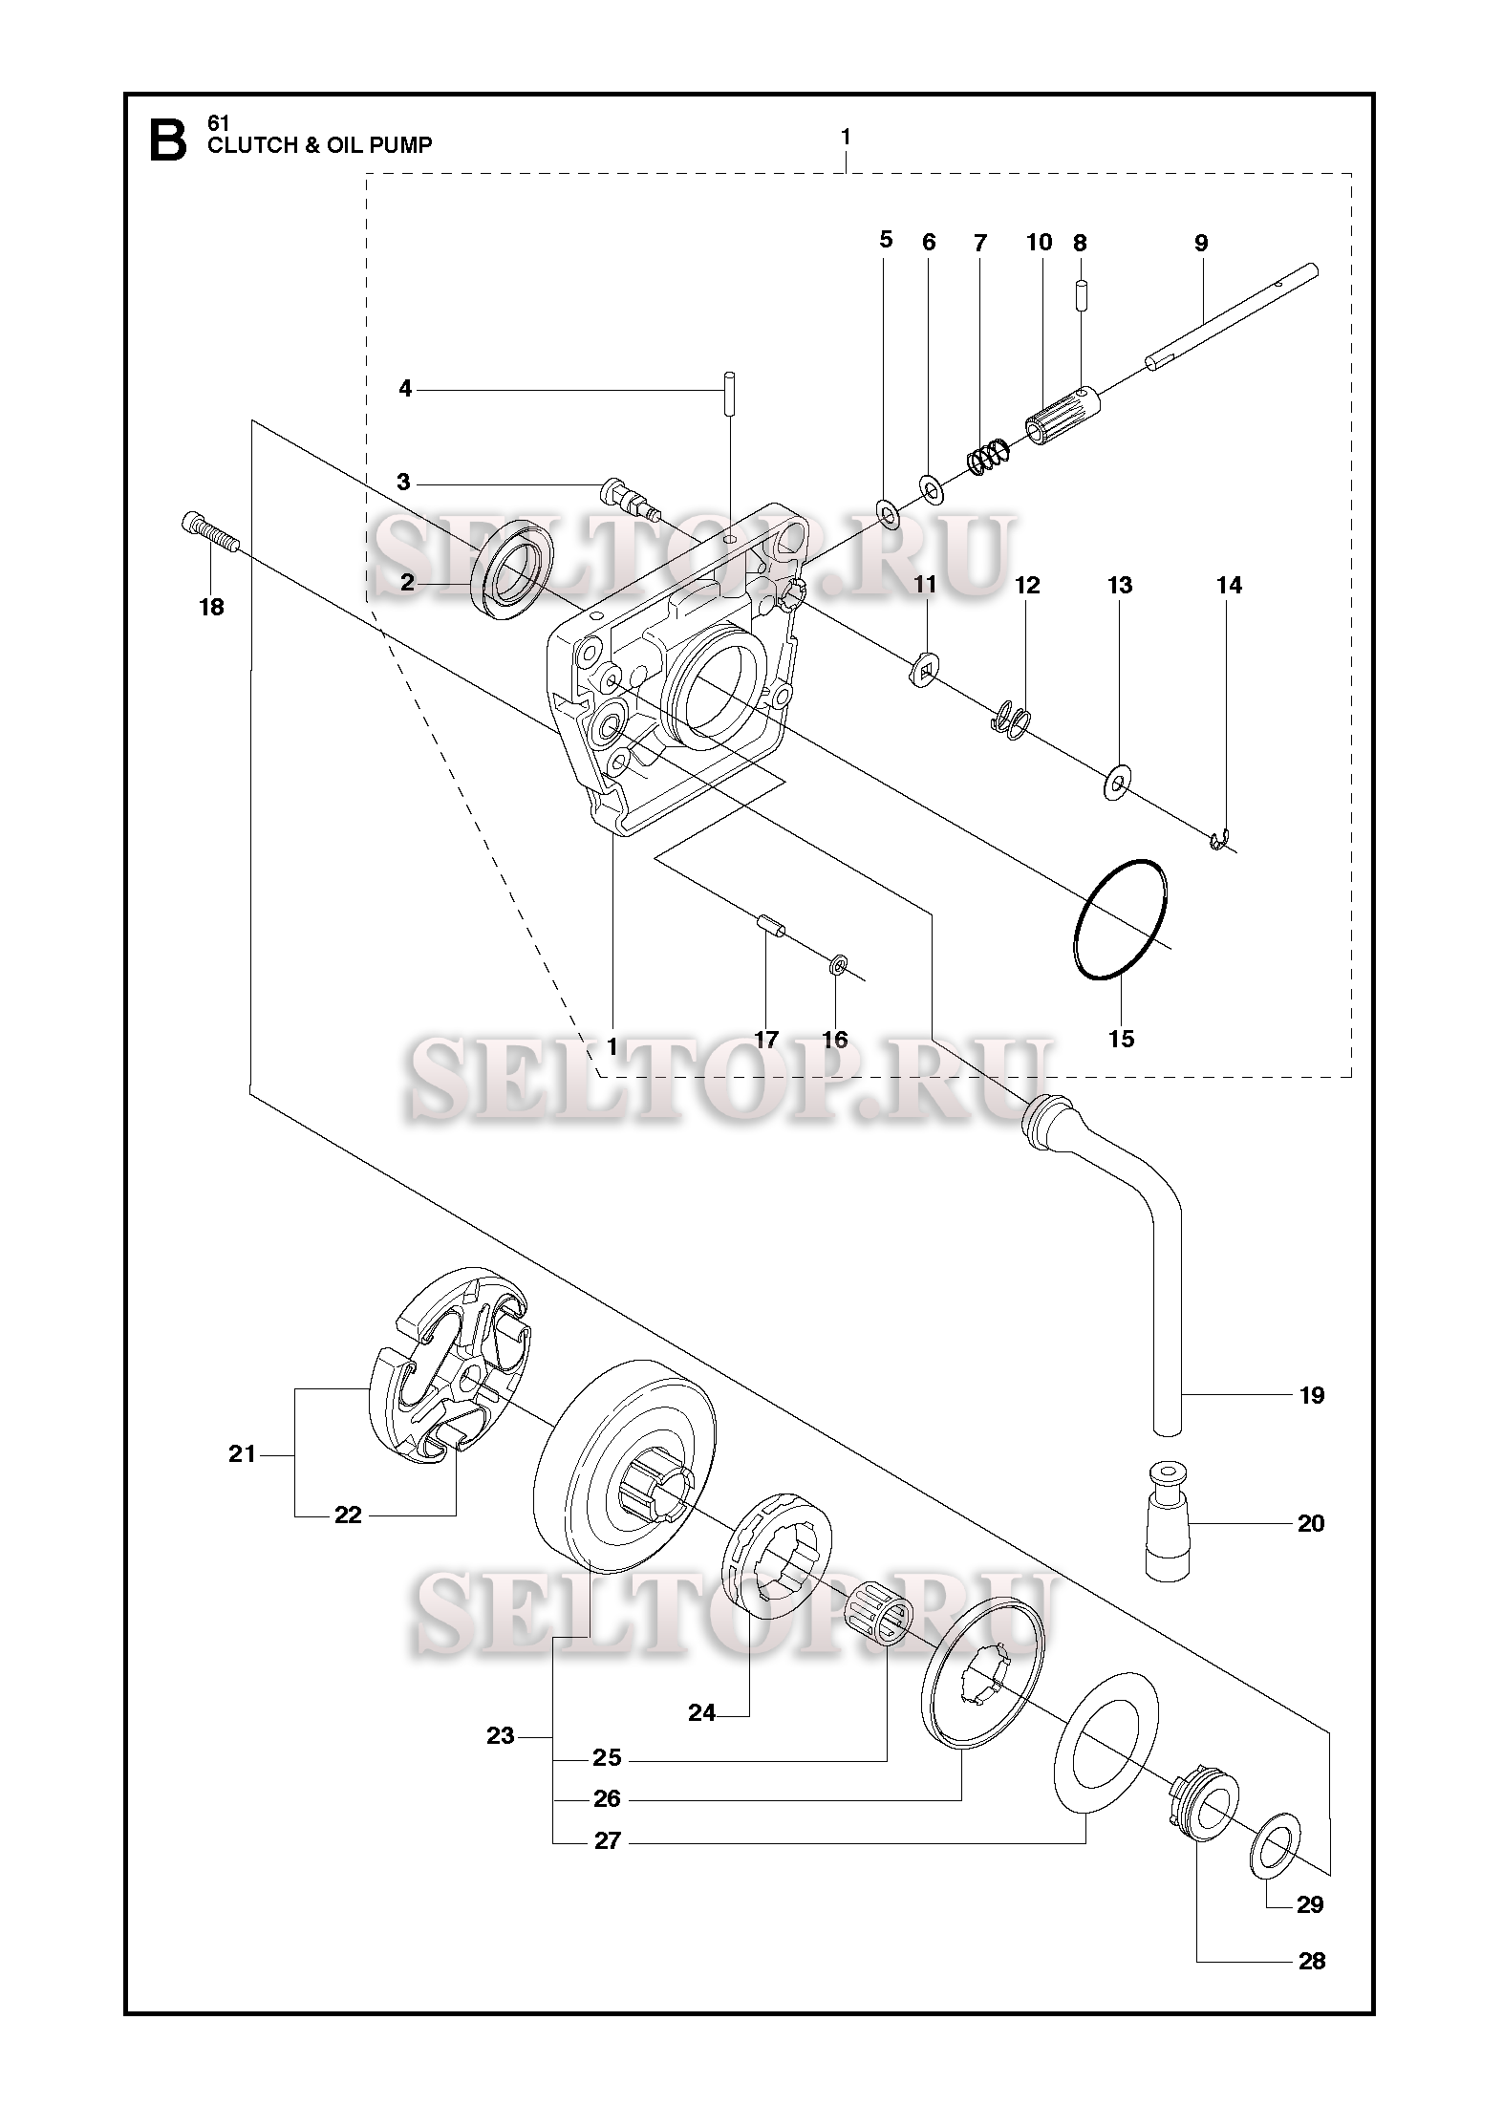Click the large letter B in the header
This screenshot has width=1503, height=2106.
(x=168, y=140)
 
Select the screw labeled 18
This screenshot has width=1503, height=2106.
(x=209, y=532)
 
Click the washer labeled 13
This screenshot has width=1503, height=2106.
(x=1117, y=784)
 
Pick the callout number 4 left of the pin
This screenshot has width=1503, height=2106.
(x=405, y=389)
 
